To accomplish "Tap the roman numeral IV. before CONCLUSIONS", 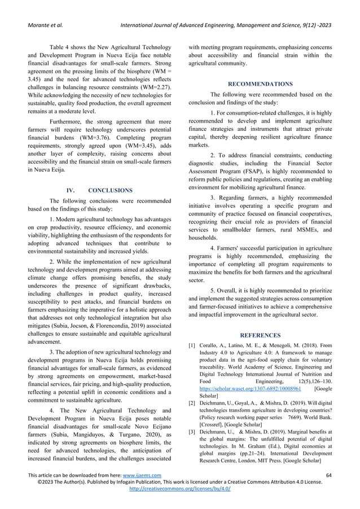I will click(74, 191).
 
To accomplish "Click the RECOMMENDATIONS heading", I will click(260, 84).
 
